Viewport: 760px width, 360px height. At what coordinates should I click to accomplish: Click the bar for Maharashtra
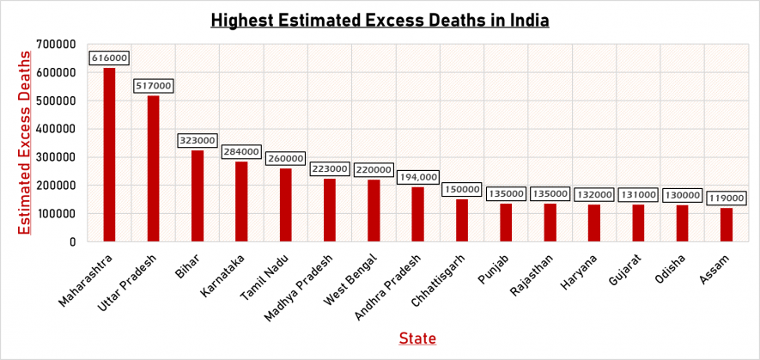[109, 155]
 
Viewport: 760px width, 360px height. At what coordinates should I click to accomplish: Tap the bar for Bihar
[198, 196]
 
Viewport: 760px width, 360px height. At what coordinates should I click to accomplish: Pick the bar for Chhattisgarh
[462, 221]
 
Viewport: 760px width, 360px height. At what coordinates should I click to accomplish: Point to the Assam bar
[727, 225]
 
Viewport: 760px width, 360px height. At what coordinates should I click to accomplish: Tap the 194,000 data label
[418, 177]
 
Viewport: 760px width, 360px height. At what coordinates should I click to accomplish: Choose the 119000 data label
[727, 198]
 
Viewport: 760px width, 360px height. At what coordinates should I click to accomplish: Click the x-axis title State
[417, 339]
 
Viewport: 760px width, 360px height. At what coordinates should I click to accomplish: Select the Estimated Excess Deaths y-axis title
[25, 143]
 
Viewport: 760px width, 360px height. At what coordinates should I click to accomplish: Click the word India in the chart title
[525, 18]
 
